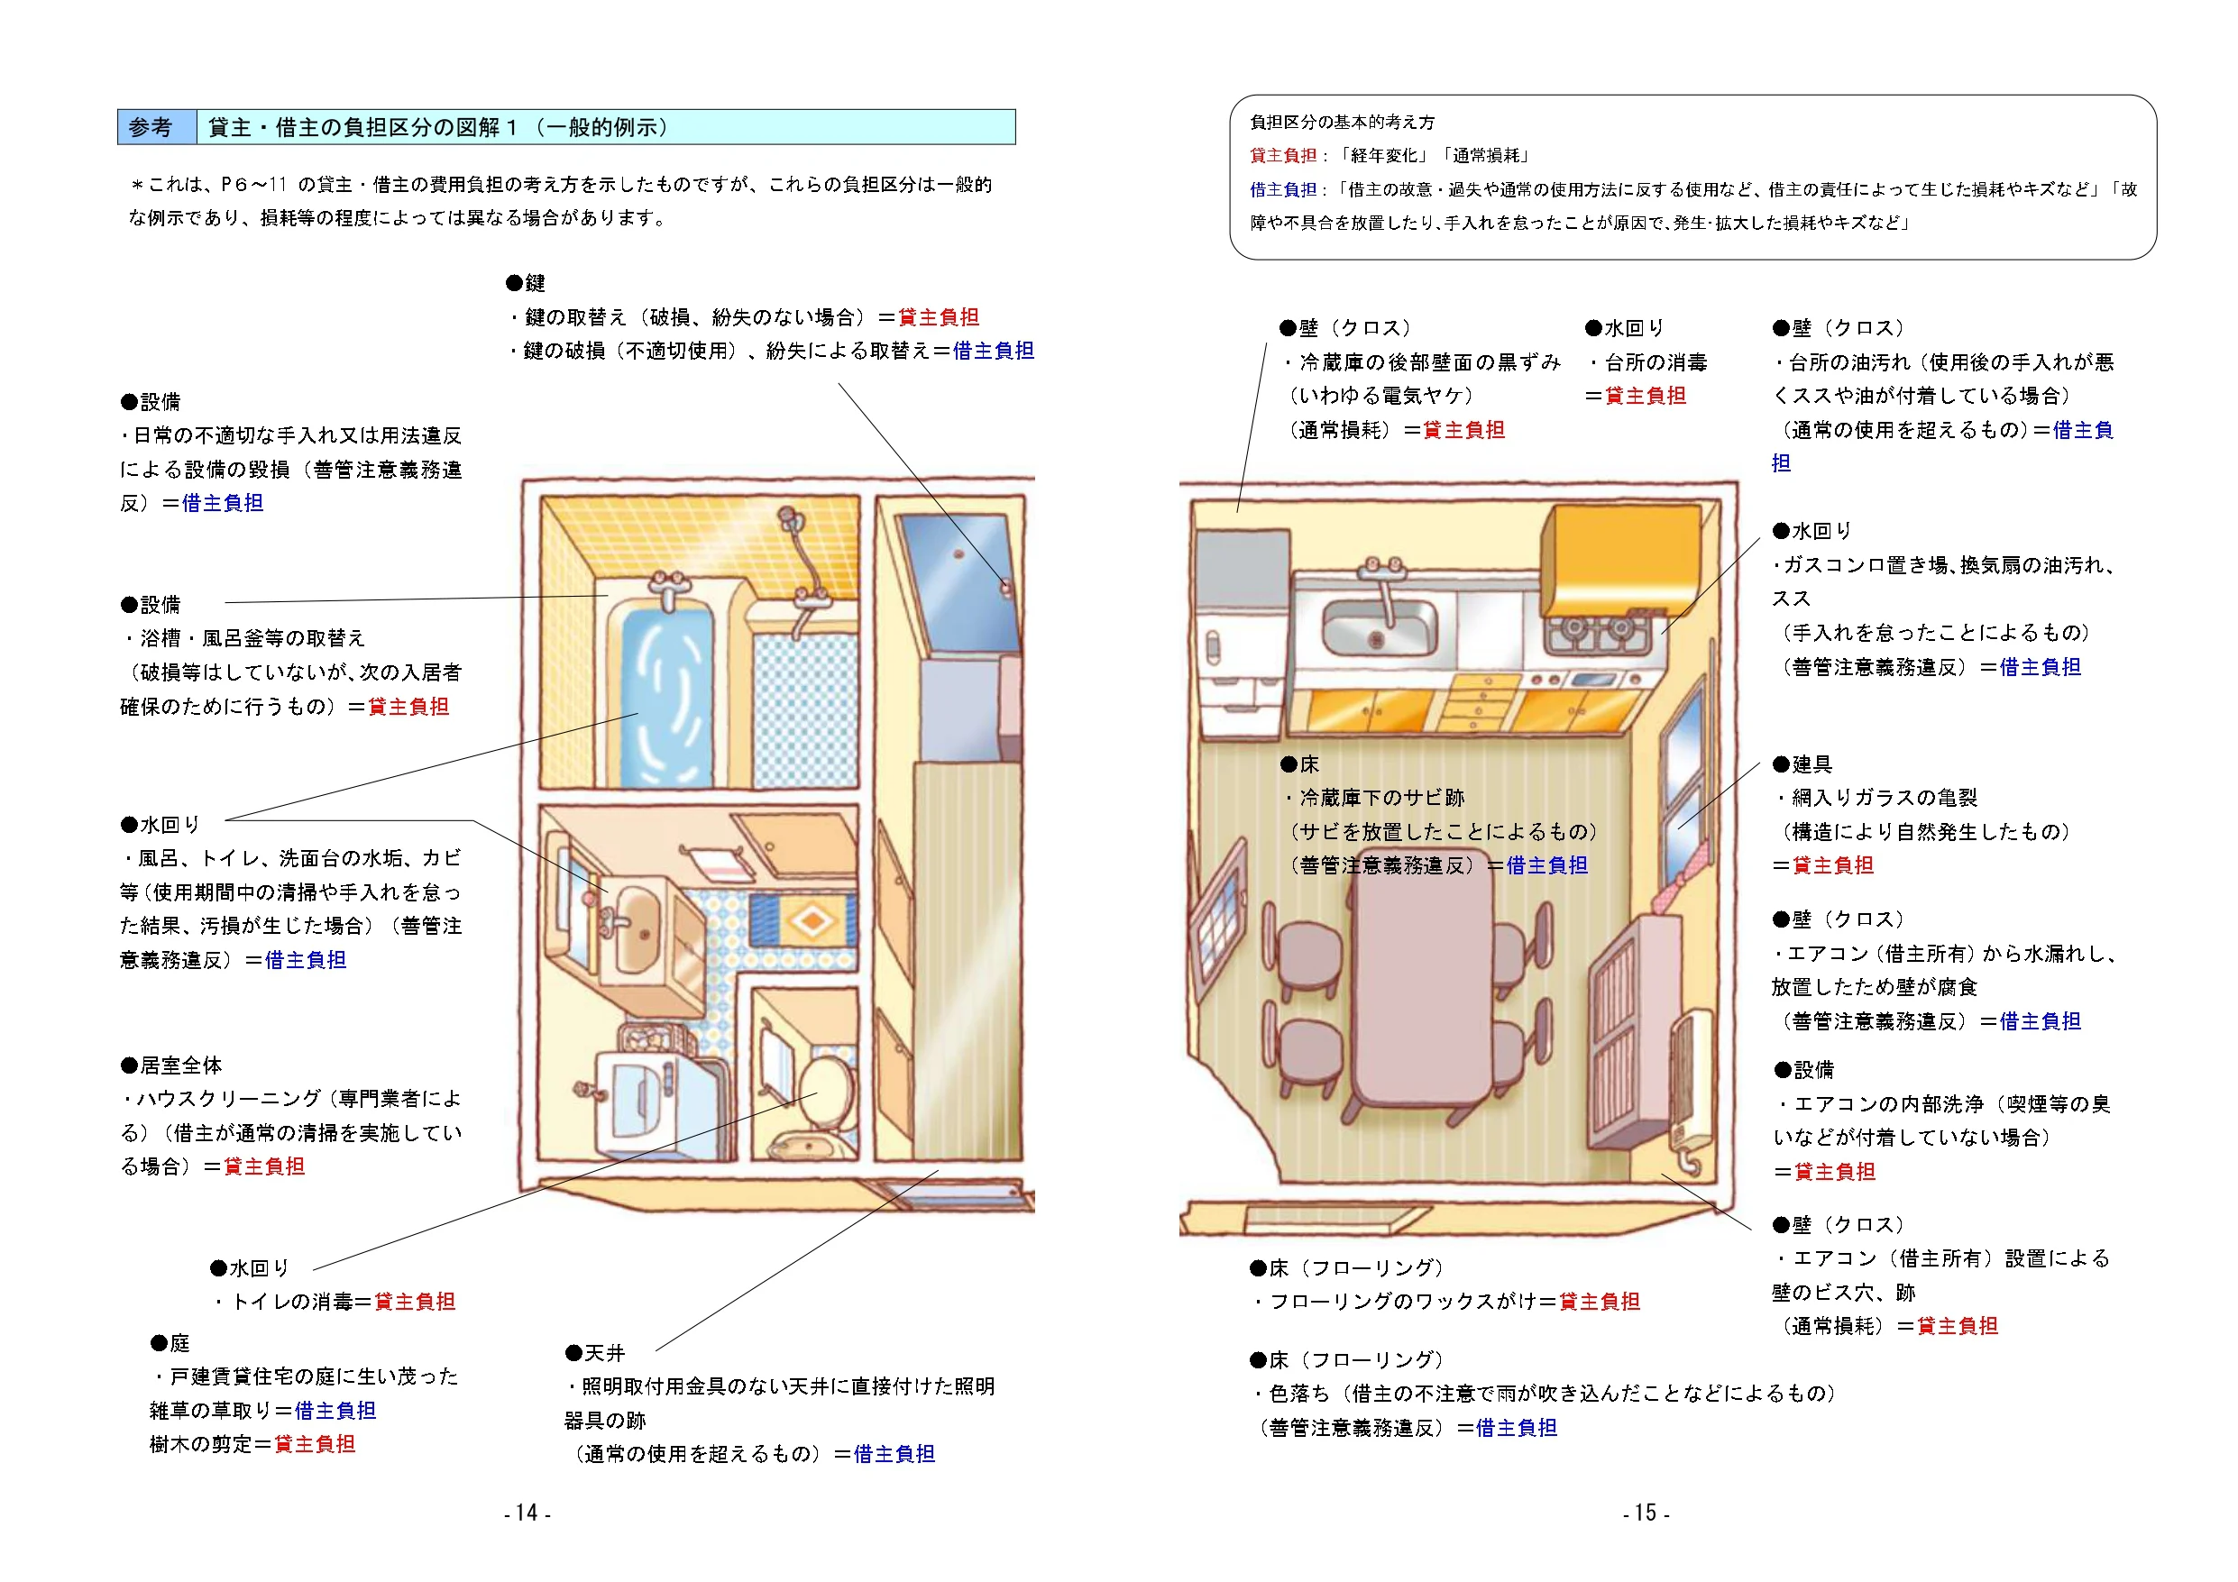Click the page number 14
[527, 1513]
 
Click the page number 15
[1646, 1513]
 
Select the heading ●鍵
[527, 284]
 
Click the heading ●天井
[595, 1353]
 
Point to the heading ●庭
[170, 1343]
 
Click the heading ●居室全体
[171, 1065]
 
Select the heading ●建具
[1802, 764]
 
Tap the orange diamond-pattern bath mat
[807, 920]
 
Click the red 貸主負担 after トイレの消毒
[416, 1303]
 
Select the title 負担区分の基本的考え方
[1343, 123]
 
